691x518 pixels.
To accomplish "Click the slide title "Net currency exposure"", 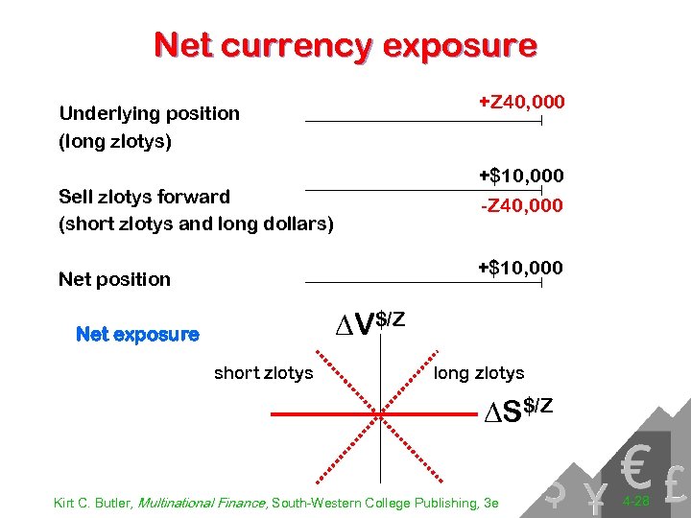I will click(x=345, y=45).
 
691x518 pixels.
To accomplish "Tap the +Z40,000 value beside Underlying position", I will click(x=521, y=102).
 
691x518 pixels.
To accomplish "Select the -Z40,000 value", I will click(x=521, y=206).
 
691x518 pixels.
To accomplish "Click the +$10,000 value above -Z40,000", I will click(x=521, y=176).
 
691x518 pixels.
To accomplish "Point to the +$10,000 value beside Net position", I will click(x=521, y=267).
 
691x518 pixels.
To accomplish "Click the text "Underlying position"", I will click(x=150, y=113).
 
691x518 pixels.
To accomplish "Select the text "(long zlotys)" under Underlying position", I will click(x=115, y=141).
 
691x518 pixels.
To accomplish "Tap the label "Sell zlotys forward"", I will click(x=145, y=197).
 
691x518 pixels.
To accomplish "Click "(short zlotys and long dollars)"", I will click(x=196, y=224).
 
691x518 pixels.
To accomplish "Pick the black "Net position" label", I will click(x=114, y=279).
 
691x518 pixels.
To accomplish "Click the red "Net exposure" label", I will click(x=137, y=335).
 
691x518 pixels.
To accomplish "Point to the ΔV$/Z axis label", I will click(x=369, y=322).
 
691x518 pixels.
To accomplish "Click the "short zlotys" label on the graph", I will click(x=263, y=373).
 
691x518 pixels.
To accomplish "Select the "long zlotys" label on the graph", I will click(x=479, y=373).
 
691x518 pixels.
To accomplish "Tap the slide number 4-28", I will click(x=634, y=502).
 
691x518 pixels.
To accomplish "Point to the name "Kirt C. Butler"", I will click(x=94, y=503).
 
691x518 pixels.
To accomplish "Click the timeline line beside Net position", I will click(x=423, y=283).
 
